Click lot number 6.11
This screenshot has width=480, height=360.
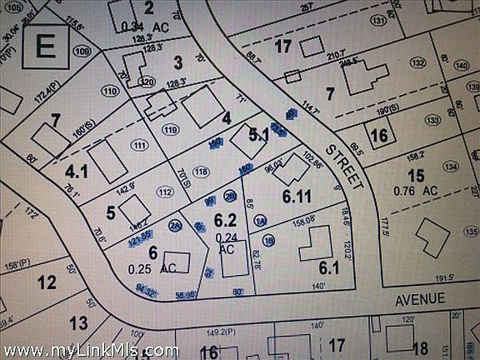click(x=297, y=197)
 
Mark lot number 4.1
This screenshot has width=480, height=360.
click(x=77, y=172)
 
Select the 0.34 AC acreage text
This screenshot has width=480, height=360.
click(x=145, y=26)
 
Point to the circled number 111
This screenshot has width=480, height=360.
click(x=139, y=145)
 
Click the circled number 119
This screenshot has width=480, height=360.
click(x=171, y=129)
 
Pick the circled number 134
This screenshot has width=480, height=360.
click(x=451, y=166)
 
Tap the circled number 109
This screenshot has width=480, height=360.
click(x=81, y=51)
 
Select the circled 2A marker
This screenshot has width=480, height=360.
click(x=175, y=225)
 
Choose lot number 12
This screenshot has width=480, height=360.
click(x=47, y=282)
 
